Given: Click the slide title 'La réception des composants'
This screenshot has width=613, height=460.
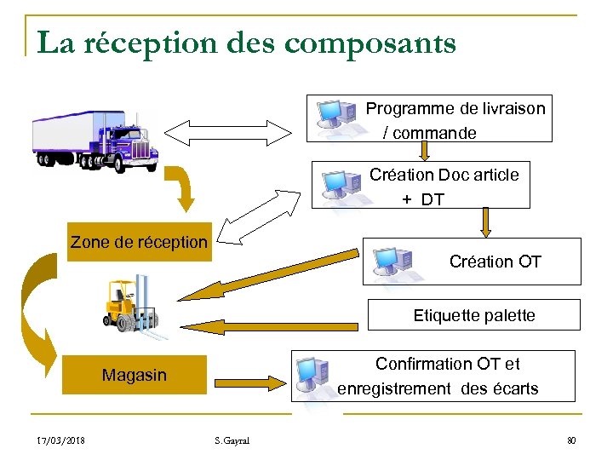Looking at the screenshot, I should (246, 43).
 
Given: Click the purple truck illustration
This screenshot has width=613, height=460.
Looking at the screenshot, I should (95, 138).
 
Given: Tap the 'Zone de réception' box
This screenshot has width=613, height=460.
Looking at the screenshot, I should (139, 242).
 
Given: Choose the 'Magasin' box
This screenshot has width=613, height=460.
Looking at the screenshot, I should (135, 376).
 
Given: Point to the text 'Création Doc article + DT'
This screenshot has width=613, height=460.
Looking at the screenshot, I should (443, 187).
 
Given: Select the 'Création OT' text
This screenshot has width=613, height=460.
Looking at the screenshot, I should (495, 262).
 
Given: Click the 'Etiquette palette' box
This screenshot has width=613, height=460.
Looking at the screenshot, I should (473, 315).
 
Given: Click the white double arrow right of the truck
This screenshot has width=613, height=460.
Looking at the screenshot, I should (227, 131).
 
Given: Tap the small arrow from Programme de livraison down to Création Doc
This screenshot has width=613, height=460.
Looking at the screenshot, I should (425, 151).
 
